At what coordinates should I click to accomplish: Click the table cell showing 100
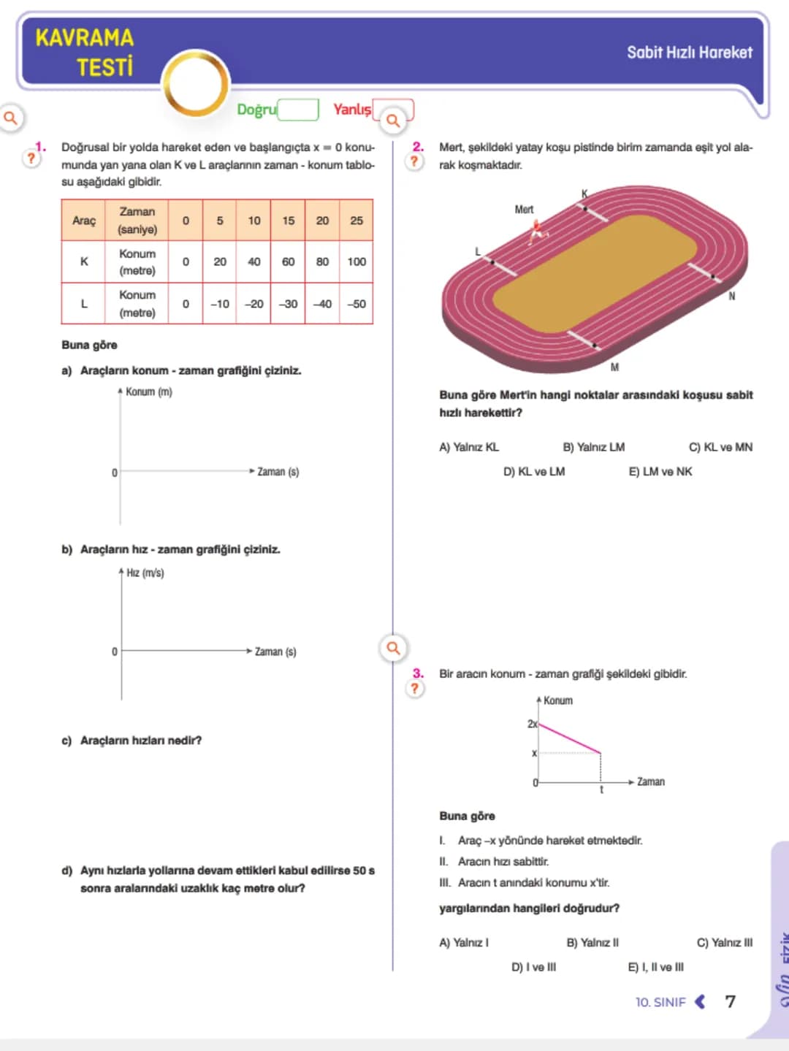[x=357, y=261]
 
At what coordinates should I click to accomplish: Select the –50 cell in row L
[x=357, y=304]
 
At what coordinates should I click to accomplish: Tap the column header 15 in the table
[x=289, y=221]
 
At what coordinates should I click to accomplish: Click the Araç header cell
[x=84, y=221]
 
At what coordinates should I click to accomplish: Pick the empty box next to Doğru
[x=298, y=110]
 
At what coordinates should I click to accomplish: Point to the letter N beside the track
[x=731, y=296]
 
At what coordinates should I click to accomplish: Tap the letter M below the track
[x=614, y=367]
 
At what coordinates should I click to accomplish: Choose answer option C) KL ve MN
[x=720, y=447]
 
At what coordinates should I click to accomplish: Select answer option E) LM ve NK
[x=660, y=472]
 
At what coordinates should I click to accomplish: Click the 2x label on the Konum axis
[x=532, y=724]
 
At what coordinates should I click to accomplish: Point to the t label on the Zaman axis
[x=602, y=790]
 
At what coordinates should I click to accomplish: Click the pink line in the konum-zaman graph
[x=570, y=739]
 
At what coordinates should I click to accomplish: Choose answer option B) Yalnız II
[x=592, y=942]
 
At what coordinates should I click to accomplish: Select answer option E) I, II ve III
[x=656, y=967]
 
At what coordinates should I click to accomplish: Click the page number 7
[x=730, y=1001]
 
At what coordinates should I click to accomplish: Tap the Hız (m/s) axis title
[x=145, y=573]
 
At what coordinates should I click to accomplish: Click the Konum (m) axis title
[x=149, y=391]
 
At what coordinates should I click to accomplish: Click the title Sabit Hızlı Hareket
[x=690, y=53]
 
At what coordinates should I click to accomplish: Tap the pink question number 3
[x=418, y=673]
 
